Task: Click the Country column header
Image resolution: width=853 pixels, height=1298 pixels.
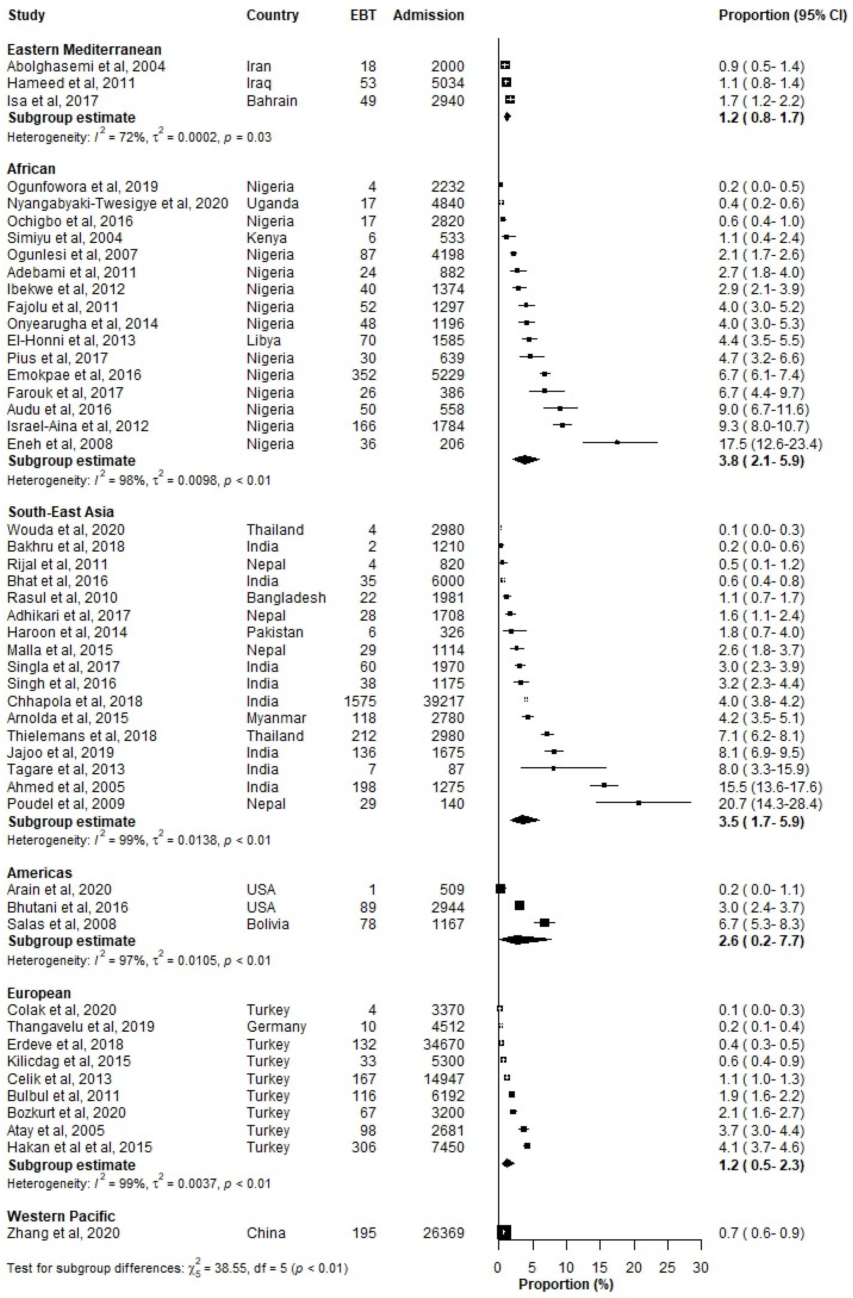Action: [272, 15]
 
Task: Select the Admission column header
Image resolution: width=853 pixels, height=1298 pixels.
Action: [429, 15]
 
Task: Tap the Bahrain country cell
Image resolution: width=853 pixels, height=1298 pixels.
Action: [271, 101]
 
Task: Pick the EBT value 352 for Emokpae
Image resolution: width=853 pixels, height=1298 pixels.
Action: [363, 375]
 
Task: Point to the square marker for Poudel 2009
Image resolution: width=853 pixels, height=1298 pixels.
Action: [638, 803]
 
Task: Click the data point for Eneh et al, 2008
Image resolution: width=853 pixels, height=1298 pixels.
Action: [617, 442]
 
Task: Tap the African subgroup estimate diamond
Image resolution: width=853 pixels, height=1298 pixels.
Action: [526, 460]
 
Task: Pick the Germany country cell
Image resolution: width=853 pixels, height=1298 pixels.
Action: [276, 1026]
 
